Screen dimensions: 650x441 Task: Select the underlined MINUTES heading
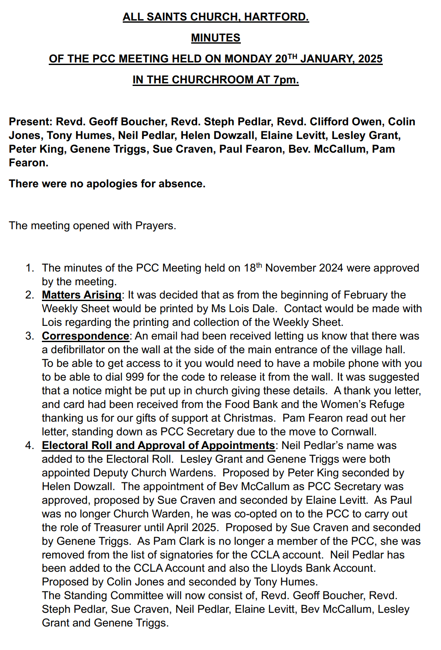click(216, 38)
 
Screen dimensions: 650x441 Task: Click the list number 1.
click(29, 268)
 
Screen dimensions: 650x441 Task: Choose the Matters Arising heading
click(82, 295)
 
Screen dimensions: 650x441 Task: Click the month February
click(366, 295)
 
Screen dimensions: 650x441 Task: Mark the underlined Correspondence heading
click(86, 336)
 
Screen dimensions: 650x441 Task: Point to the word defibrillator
click(82, 350)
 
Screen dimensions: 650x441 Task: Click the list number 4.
click(29, 446)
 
